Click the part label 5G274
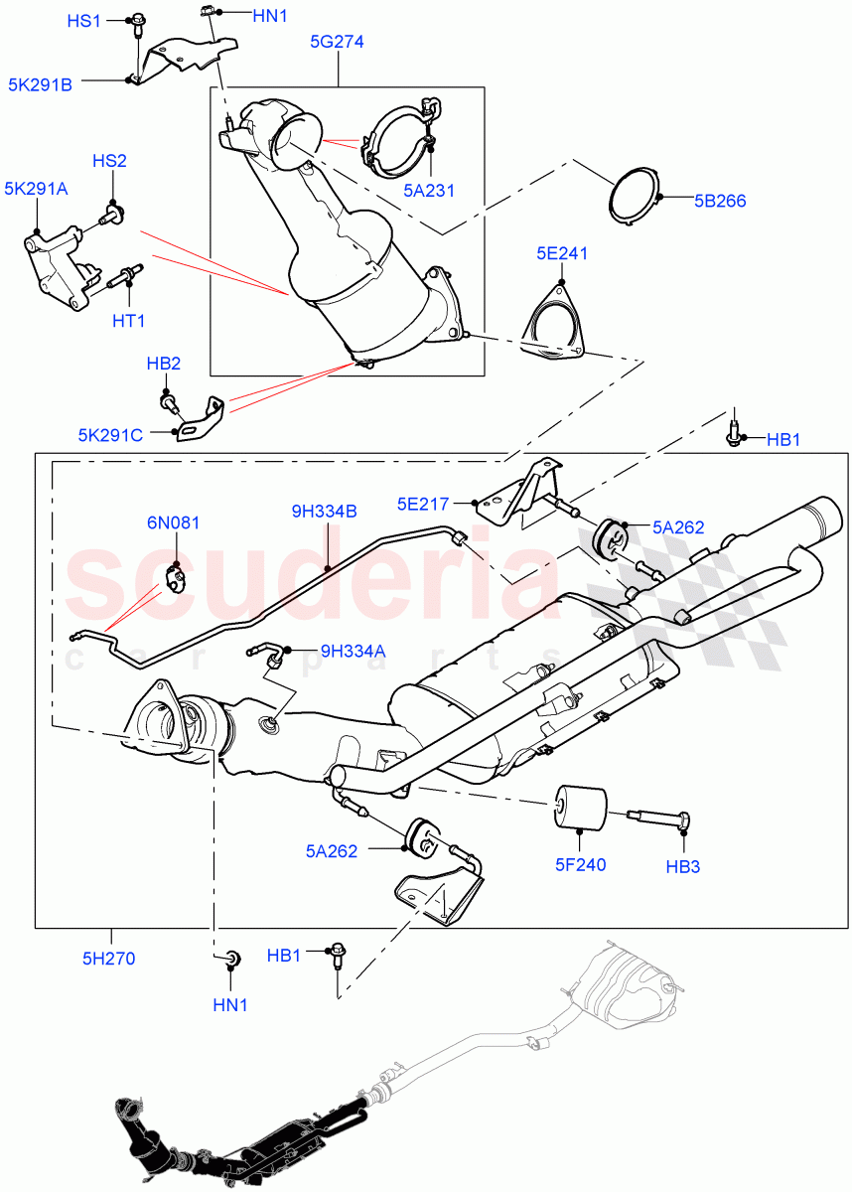coord(338,43)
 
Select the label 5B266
coord(709,201)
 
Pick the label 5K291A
coord(36,189)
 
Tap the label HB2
coord(164,365)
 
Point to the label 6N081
coord(174,521)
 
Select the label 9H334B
coord(325,512)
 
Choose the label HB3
coord(683,866)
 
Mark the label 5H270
coord(109,959)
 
